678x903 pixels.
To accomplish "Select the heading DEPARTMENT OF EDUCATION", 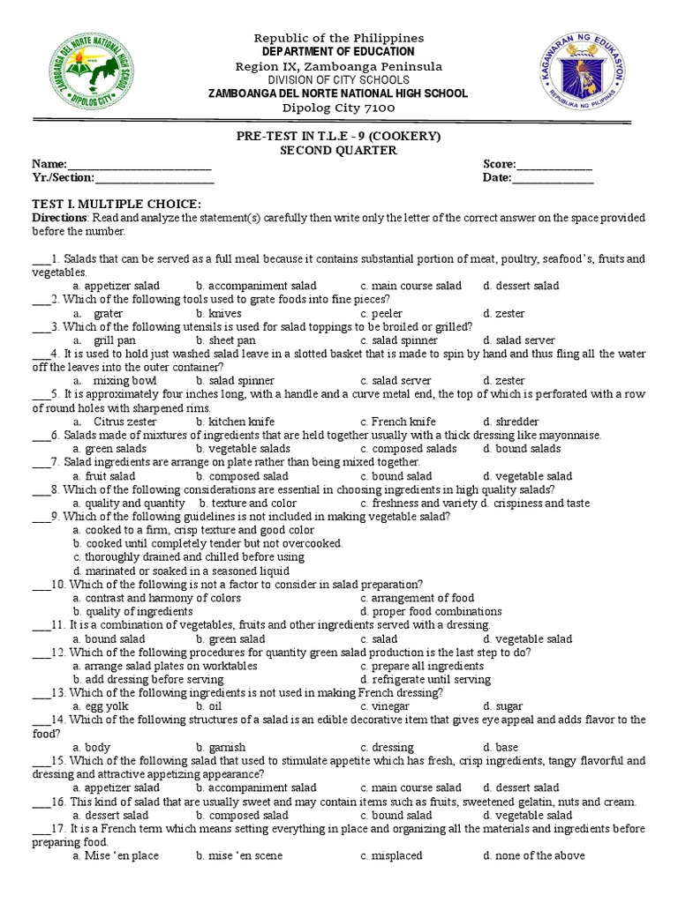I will point(339,52).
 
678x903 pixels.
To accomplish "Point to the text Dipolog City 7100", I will point(339,108).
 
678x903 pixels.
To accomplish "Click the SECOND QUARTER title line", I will point(339,151).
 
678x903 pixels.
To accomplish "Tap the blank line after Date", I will point(553,180).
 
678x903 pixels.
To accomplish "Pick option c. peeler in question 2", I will point(381,313).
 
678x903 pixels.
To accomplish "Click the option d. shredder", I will point(510,422).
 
